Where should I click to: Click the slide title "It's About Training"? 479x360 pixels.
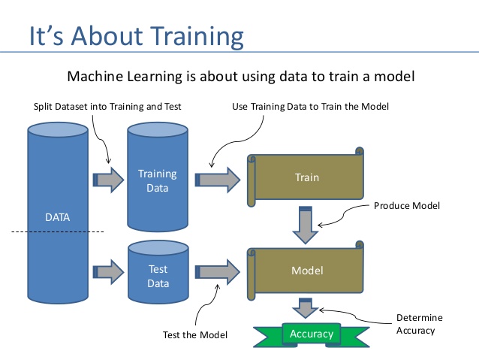pos(136,35)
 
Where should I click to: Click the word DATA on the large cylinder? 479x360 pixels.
pos(57,218)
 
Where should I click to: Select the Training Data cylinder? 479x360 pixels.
pos(158,180)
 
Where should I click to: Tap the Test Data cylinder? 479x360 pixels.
pos(158,276)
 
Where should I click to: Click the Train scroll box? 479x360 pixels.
pos(306,178)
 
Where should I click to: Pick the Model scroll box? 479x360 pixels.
pos(306,269)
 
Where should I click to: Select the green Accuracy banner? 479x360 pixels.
pos(311,333)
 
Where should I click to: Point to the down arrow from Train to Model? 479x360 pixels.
pos(306,223)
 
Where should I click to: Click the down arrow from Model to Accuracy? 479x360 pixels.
pos(306,308)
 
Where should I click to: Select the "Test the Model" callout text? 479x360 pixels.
pos(194,334)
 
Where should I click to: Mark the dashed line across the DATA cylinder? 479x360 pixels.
pos(57,233)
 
